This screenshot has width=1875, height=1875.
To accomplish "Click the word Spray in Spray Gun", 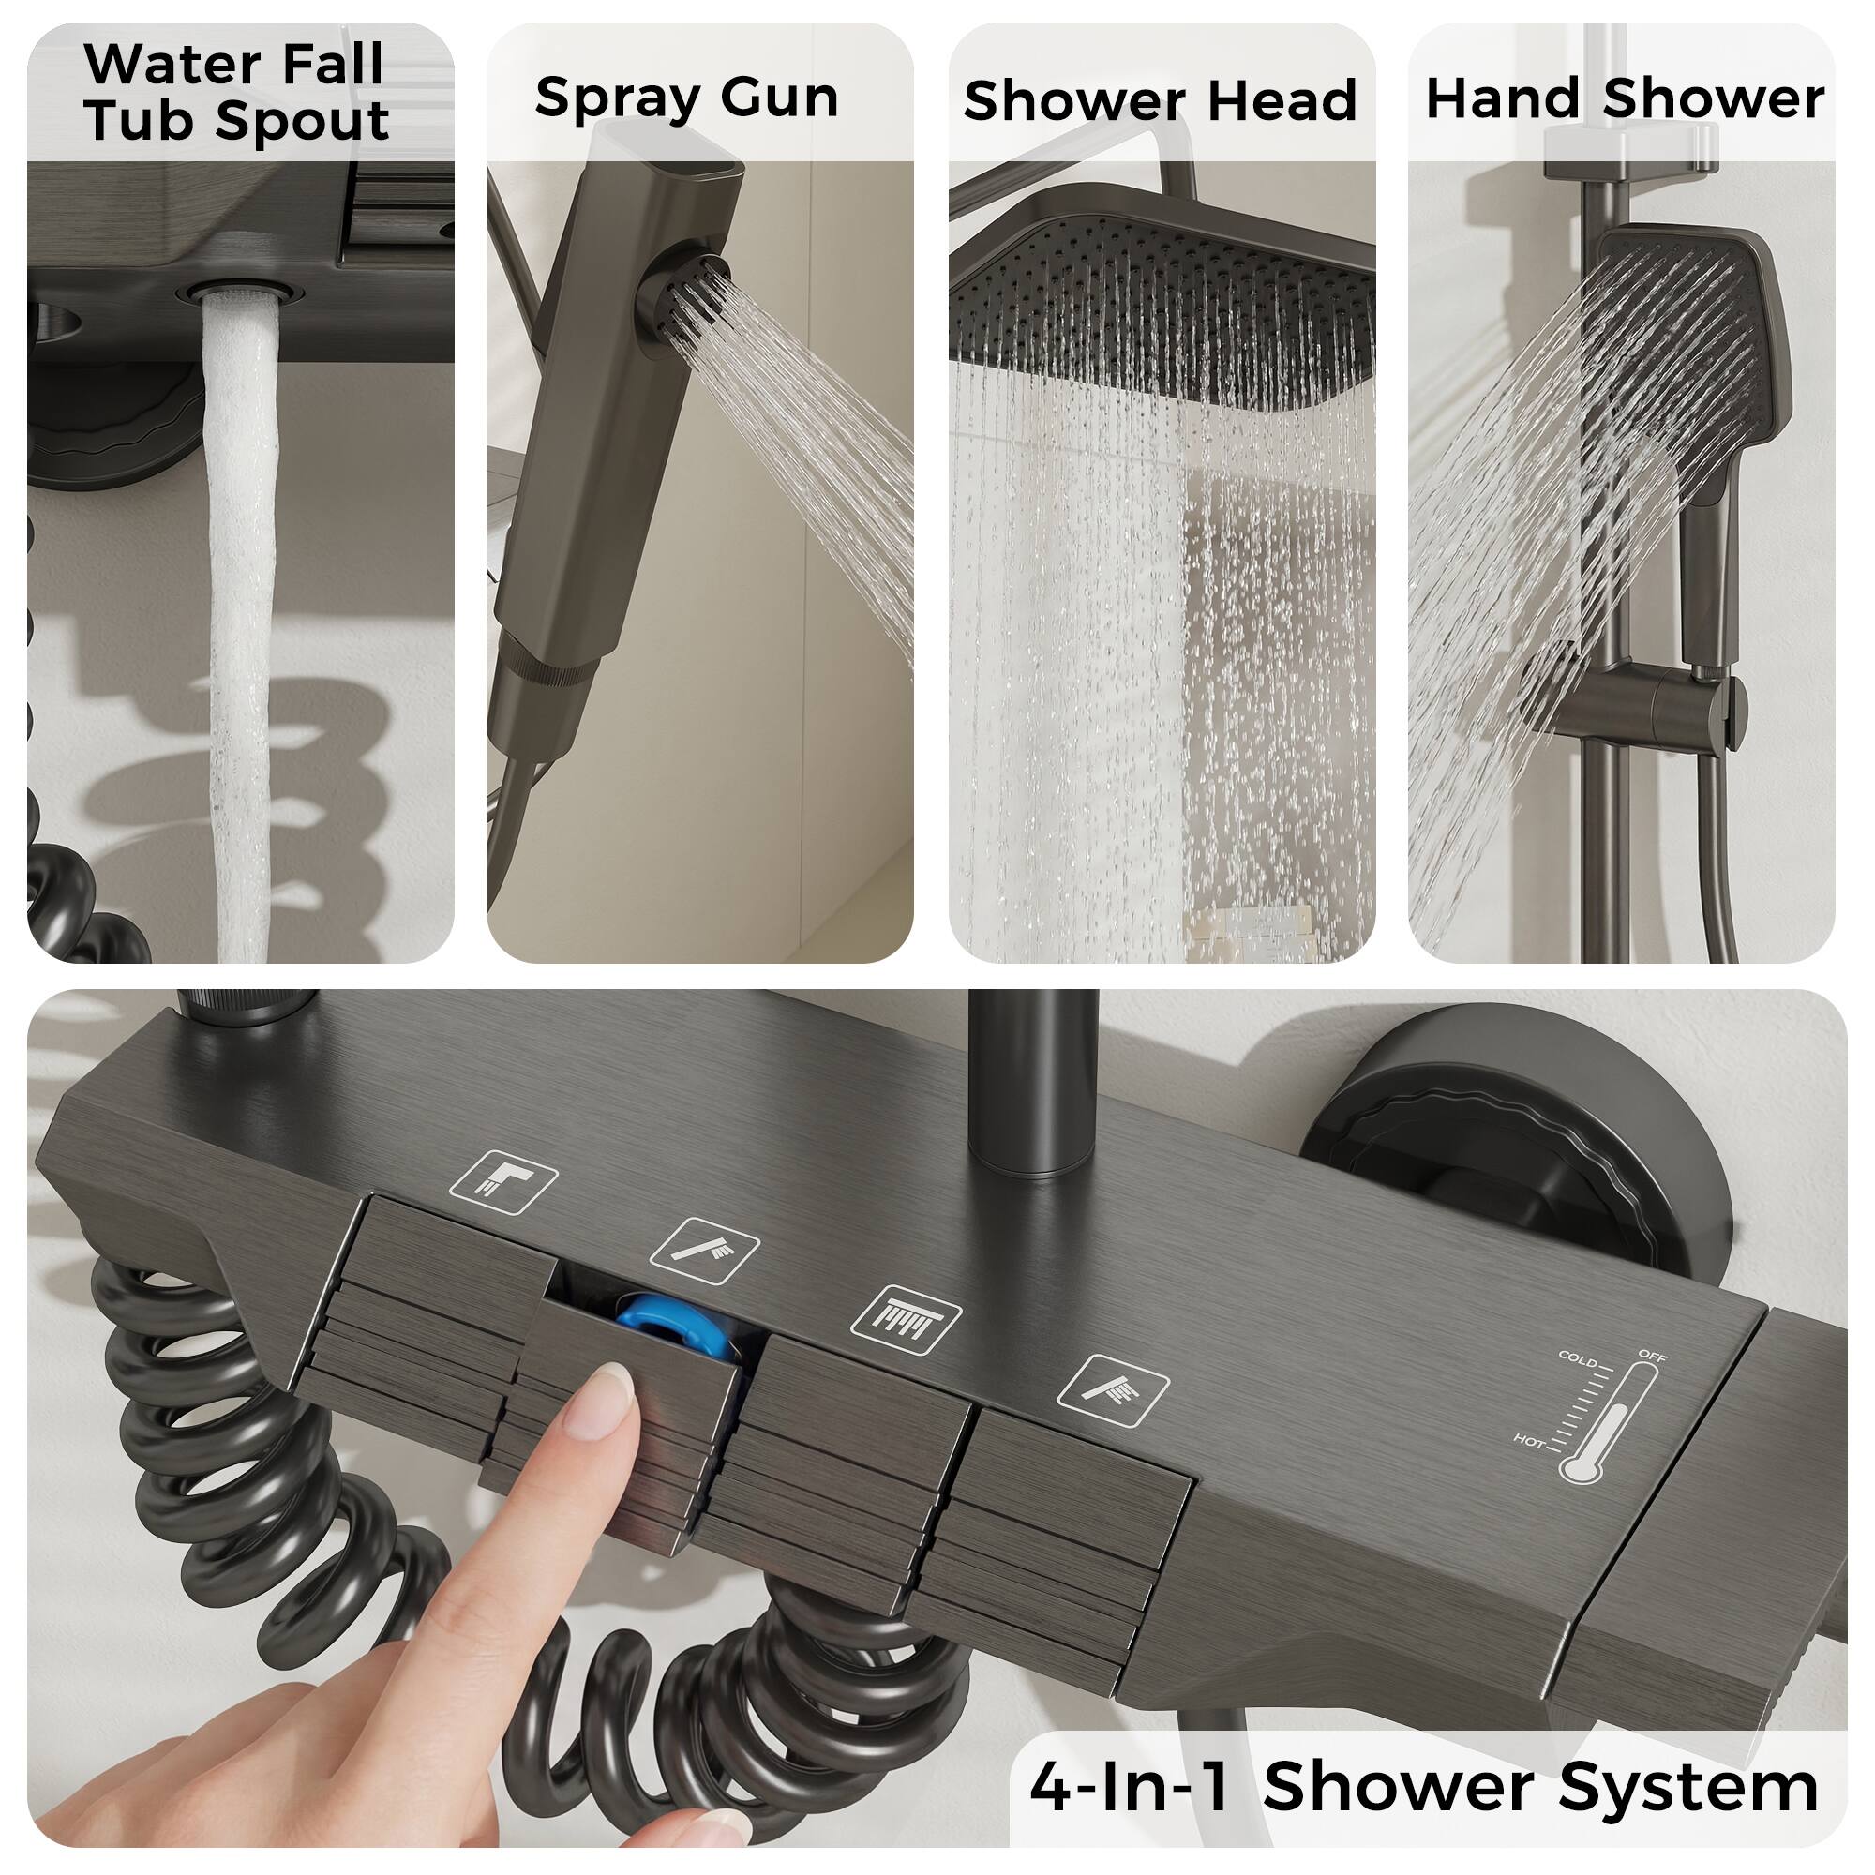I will point(601,98).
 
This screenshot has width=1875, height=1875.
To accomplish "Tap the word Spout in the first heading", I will point(302,121).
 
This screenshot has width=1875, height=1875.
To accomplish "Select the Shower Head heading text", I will point(1160,101).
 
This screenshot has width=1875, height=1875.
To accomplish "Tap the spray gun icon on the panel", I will point(704,1251).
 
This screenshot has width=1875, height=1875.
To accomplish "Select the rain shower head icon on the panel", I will point(906,1321).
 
